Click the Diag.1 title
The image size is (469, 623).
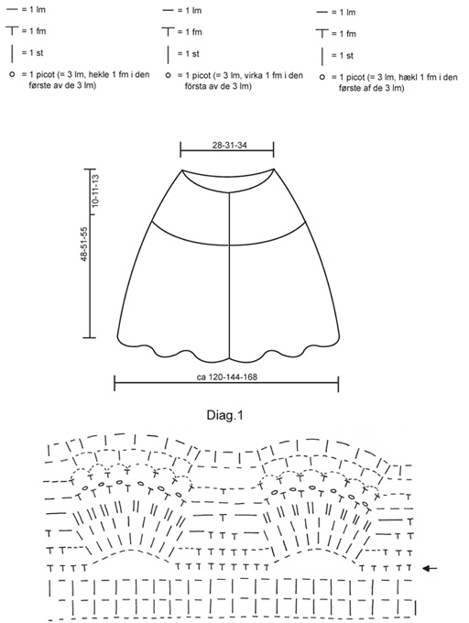(x=224, y=415)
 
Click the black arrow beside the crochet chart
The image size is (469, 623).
(x=430, y=569)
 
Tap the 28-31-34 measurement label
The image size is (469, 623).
(x=229, y=145)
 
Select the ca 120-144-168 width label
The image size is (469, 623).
(x=227, y=377)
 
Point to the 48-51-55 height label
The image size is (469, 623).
(x=84, y=244)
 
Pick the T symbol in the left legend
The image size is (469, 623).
(x=12, y=30)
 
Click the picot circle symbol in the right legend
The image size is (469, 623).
(x=322, y=77)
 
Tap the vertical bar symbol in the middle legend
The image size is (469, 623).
(x=169, y=54)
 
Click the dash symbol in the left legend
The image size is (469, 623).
(x=12, y=9)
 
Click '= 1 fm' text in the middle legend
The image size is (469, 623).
(x=190, y=32)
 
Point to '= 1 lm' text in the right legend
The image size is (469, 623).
(x=344, y=12)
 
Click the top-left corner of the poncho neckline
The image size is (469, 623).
(x=182, y=170)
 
